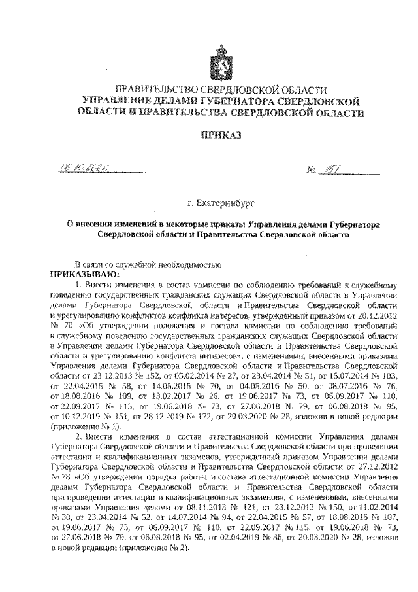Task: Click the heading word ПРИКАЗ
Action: click(219, 135)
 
